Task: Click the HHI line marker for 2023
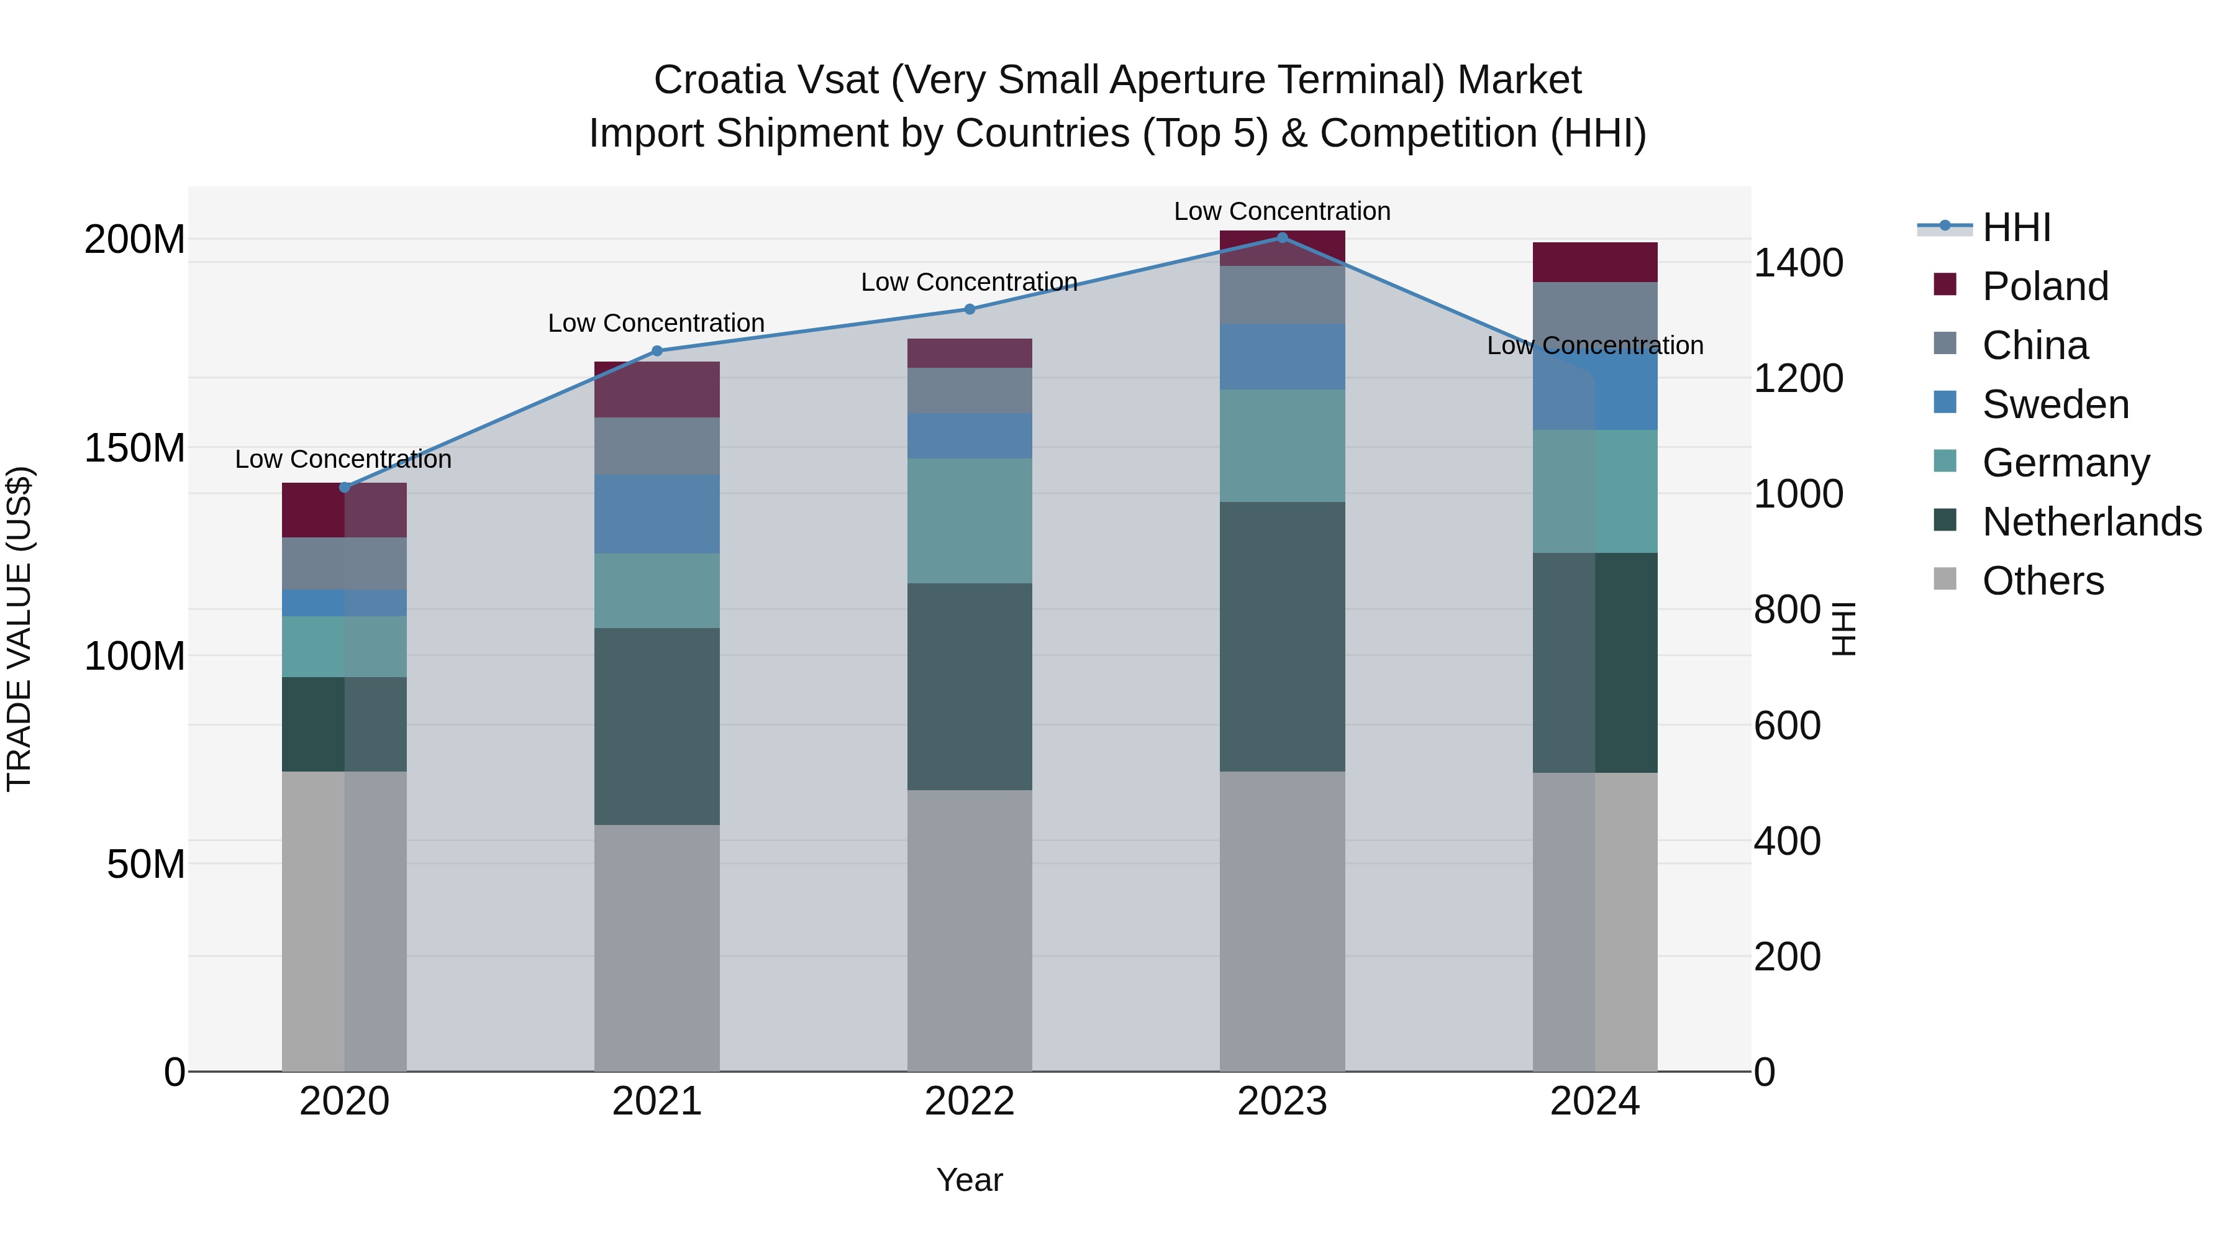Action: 1282,238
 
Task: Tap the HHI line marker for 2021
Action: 657,351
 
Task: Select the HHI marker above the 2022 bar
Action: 970,309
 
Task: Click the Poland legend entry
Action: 2044,286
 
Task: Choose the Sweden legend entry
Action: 2055,404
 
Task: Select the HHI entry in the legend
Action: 2016,227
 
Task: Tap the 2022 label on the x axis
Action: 970,1101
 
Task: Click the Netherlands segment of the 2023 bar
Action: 1282,636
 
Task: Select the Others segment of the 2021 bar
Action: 657,948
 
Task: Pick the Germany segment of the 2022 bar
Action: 970,521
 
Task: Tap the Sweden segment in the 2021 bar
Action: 657,514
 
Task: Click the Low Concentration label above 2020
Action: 343,459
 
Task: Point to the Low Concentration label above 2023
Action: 1282,211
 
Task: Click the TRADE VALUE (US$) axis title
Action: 20,629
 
